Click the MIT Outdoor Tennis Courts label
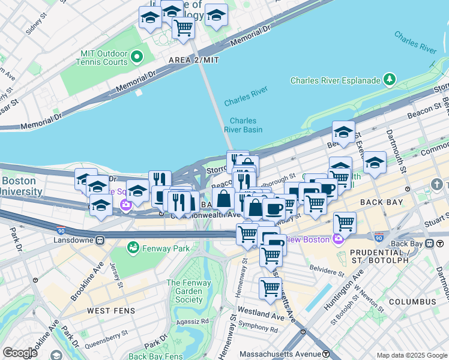coord(104,58)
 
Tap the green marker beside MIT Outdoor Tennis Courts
coord(136,58)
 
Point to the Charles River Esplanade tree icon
coord(390,79)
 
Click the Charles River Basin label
coord(243,125)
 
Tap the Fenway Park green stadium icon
coord(133,247)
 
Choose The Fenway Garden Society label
coord(188,292)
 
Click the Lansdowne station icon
coord(100,240)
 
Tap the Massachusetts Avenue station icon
coord(325,353)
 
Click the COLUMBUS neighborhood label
coord(412,301)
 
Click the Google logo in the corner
coord(20,353)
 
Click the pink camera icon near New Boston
coord(337,239)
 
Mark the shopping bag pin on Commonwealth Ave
coord(223,198)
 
